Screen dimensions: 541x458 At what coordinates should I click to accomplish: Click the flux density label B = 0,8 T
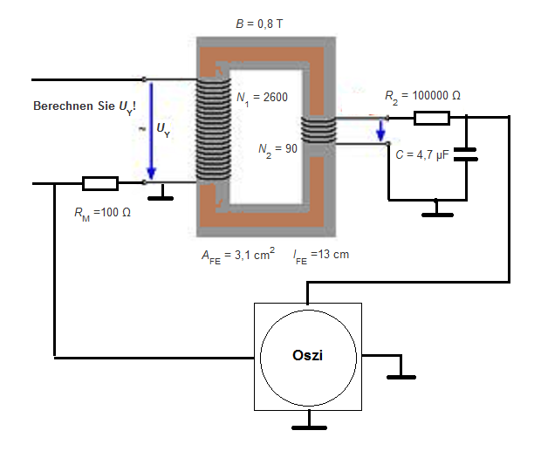(x=259, y=24)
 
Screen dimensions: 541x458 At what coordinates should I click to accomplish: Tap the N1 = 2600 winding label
(x=262, y=98)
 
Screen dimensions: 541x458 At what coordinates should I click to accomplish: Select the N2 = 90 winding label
(x=277, y=150)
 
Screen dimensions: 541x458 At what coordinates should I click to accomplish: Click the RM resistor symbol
(x=100, y=183)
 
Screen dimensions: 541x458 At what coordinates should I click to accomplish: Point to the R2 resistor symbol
(x=432, y=118)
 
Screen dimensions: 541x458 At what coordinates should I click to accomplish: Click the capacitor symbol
(x=466, y=154)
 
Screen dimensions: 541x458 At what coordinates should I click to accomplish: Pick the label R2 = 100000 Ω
(x=422, y=96)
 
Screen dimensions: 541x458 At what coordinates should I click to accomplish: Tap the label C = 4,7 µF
(x=422, y=155)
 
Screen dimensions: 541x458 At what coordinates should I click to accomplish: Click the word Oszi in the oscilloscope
(x=307, y=356)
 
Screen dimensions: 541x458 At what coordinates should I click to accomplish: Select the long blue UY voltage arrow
(x=151, y=131)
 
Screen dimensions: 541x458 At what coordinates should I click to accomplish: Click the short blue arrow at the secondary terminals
(x=380, y=131)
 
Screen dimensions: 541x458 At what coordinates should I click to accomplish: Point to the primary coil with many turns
(x=213, y=129)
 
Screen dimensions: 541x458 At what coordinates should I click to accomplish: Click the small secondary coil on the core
(x=318, y=130)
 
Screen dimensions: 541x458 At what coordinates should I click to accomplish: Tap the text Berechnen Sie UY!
(x=85, y=106)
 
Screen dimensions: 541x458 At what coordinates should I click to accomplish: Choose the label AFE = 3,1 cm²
(x=238, y=256)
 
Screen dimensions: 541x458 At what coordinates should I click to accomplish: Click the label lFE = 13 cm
(x=321, y=256)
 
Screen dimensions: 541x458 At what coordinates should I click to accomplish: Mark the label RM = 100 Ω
(x=102, y=213)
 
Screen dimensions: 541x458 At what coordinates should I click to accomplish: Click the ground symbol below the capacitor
(x=437, y=209)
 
